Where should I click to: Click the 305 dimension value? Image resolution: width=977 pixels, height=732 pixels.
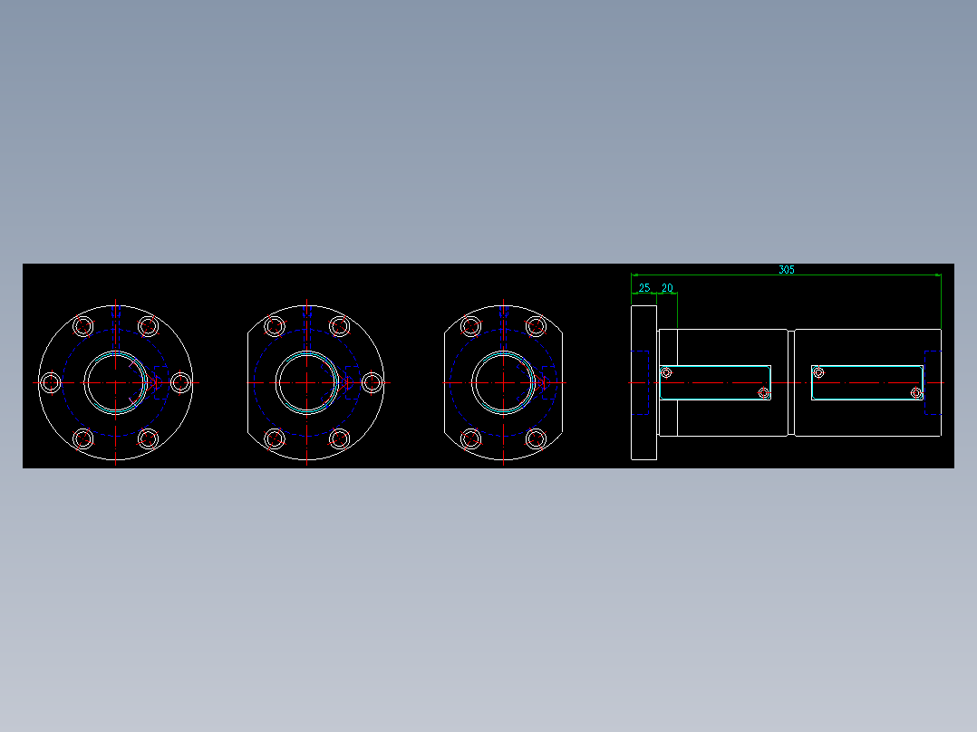pos(786,269)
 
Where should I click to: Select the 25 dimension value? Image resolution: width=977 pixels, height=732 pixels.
pos(644,288)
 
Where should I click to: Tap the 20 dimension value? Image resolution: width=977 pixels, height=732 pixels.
pos(667,288)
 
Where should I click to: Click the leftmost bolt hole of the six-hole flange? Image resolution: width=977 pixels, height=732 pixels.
pos(51,383)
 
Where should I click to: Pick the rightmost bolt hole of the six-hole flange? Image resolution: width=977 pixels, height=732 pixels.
pos(181,383)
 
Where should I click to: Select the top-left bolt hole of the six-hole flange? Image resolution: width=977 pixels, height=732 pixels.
pos(83,326)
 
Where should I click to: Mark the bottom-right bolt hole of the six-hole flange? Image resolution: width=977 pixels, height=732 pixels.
pos(149,439)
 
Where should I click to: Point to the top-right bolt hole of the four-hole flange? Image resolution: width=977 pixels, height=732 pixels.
pos(536,326)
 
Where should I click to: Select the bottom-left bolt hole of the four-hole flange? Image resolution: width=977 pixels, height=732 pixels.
pos(470,439)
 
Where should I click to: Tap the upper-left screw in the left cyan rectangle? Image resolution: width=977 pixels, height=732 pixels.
pos(667,372)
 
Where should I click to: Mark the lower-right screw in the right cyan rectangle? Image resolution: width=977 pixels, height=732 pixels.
pos(916,393)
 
